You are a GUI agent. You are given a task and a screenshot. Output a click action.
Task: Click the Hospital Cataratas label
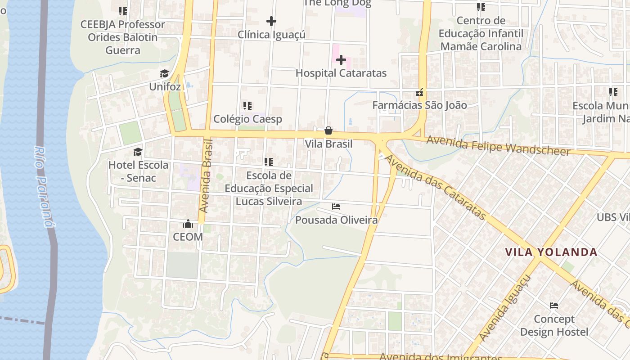point(341,73)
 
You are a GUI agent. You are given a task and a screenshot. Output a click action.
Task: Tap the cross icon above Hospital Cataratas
point(341,59)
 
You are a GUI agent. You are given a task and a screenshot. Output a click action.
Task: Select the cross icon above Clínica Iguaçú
point(271,21)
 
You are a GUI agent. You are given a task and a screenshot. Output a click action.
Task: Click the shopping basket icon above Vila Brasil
point(328,130)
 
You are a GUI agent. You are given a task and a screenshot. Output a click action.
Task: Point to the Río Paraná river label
point(45,186)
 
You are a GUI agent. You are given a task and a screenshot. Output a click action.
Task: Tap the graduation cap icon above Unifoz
point(164,73)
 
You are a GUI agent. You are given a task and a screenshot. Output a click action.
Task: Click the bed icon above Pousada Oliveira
point(336,207)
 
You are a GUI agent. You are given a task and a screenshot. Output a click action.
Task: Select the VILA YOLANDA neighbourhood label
point(551,252)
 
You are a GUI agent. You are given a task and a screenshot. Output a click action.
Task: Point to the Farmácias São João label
point(419,105)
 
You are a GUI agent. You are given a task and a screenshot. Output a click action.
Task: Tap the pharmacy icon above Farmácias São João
point(419,93)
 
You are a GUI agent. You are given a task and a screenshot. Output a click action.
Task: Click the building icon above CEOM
point(188,224)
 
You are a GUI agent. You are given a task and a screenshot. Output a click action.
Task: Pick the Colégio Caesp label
point(247,119)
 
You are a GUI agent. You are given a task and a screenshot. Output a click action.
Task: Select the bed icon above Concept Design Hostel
point(554,306)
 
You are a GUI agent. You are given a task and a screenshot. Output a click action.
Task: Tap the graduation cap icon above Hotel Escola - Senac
point(138,152)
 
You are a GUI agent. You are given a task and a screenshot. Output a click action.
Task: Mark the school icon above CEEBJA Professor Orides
point(122,11)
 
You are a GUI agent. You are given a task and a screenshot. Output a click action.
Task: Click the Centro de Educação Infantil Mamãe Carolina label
point(481,33)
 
